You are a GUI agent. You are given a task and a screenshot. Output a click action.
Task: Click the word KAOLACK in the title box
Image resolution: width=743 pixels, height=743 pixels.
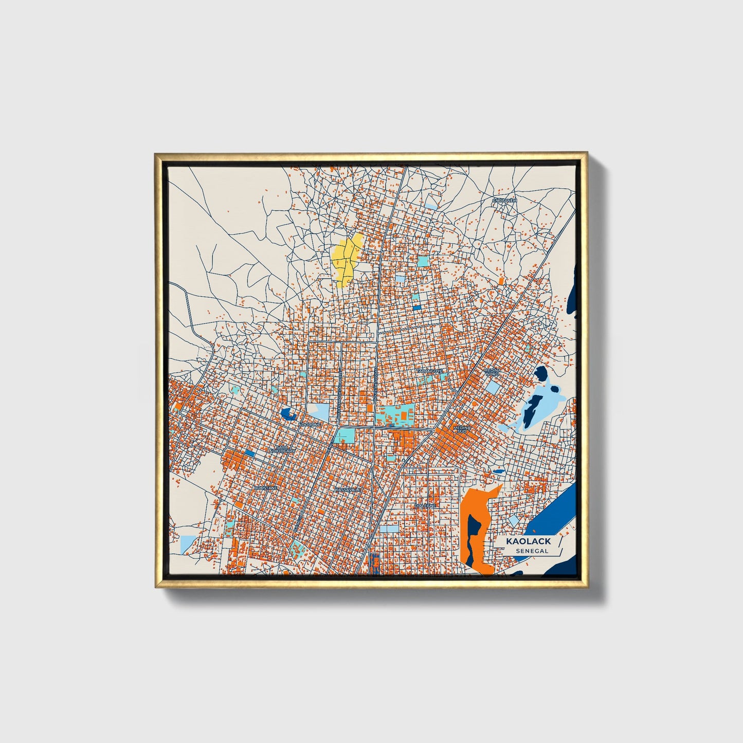tap(528, 541)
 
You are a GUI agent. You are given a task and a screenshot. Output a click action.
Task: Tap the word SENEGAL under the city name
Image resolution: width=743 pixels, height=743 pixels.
tap(532, 551)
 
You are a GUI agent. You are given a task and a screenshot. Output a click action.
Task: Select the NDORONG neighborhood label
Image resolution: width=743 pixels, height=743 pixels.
tap(310, 425)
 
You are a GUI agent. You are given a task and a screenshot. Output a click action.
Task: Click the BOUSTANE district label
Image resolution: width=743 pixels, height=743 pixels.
tap(266, 487)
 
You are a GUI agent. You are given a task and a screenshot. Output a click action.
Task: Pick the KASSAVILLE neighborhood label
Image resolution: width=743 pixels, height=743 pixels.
tap(348, 490)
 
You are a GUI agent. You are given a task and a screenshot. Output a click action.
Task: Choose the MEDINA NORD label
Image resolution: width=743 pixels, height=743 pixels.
tap(493, 371)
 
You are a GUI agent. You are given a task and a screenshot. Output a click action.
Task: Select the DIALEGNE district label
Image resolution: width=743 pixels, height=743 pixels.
tap(425, 505)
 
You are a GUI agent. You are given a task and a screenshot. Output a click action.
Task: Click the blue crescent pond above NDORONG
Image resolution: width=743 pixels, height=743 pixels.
tap(287, 413)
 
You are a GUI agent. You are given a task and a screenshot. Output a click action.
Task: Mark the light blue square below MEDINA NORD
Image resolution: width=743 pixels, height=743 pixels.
tap(493, 387)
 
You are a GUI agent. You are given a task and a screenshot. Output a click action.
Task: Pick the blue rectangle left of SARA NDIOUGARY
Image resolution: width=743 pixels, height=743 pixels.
tap(250, 453)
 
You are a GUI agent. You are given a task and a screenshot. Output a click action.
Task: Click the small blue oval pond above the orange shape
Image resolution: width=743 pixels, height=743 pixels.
tap(498, 471)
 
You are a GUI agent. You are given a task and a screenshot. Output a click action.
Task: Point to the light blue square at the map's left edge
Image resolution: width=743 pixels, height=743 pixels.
tap(187, 543)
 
